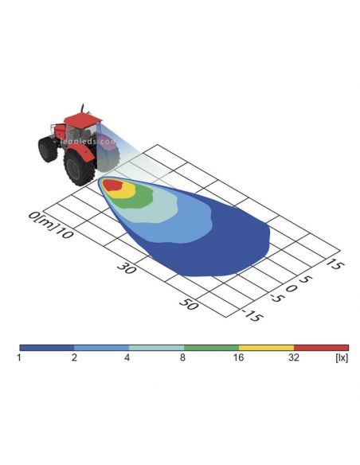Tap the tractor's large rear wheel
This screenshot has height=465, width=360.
click(x=80, y=168)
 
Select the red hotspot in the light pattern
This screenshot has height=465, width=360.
click(x=112, y=185)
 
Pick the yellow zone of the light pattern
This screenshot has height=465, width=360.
click(x=126, y=192)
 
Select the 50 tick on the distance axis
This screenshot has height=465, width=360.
click(x=188, y=303)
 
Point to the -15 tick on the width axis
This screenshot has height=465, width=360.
click(x=252, y=315)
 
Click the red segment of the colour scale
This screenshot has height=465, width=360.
click(x=321, y=348)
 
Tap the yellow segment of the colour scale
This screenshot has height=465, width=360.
click(x=266, y=348)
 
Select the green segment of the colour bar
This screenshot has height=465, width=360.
click(x=211, y=348)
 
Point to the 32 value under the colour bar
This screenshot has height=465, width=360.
click(x=293, y=358)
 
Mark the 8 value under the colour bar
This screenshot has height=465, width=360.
click(x=183, y=358)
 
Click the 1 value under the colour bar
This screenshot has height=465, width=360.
click(x=19, y=358)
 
